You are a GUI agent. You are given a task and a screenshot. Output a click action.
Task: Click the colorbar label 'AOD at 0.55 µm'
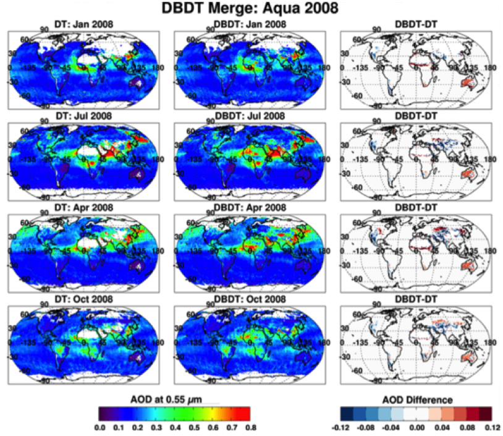[174, 399]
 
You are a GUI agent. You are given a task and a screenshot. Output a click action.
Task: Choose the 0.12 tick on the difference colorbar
[492, 427]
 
